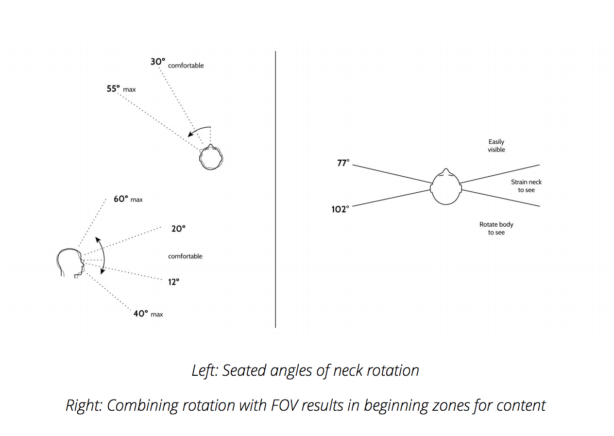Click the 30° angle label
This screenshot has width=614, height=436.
point(158,62)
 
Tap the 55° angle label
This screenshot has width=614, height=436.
point(113,89)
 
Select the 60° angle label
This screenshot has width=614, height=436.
point(121,199)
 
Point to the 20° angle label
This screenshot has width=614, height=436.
point(178,229)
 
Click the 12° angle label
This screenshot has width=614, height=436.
point(174,282)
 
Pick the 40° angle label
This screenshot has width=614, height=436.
point(140,314)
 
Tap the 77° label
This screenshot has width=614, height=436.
point(343,163)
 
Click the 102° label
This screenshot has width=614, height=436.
point(341,209)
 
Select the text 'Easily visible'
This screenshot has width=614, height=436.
point(496,146)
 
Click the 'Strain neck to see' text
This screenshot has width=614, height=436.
point(526,186)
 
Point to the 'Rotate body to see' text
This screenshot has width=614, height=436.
point(496,229)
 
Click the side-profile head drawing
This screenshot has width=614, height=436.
point(70,263)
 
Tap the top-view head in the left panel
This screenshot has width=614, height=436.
point(211,157)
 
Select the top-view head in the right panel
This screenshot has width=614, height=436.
point(446,186)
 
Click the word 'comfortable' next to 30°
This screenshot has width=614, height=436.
point(186,66)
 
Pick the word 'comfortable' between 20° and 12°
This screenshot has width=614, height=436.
point(185,256)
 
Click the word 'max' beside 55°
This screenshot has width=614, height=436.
point(129,90)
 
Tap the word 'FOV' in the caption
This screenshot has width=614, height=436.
point(284,405)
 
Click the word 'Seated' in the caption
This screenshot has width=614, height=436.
point(244,370)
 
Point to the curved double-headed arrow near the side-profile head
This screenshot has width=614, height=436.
point(104,255)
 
